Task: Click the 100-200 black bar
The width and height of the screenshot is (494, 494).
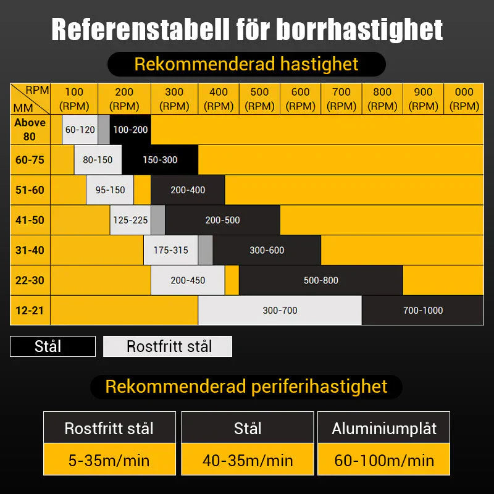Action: click(x=130, y=130)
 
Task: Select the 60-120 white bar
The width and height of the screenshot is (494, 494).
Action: click(x=80, y=130)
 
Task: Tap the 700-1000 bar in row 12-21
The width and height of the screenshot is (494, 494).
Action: click(x=422, y=310)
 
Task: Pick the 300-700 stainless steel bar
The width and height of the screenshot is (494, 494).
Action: click(x=280, y=310)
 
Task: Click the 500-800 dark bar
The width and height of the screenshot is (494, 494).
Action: click(x=320, y=280)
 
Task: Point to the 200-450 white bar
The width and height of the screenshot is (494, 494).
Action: click(x=188, y=280)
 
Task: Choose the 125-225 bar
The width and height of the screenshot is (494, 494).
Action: click(x=130, y=220)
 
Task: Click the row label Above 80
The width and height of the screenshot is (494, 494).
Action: click(x=30, y=130)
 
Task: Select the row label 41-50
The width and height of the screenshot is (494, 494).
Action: click(x=30, y=220)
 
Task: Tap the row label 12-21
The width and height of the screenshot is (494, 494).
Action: click(x=30, y=310)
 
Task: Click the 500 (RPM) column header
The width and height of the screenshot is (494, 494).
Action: click(x=259, y=99)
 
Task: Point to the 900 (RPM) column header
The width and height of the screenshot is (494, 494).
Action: click(x=423, y=99)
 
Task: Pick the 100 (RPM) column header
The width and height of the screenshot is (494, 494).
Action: click(x=74, y=99)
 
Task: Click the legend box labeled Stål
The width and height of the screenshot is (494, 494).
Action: click(x=52, y=346)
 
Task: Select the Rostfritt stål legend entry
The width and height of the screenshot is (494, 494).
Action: click(x=167, y=346)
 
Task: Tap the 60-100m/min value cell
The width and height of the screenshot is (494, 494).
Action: click(x=383, y=460)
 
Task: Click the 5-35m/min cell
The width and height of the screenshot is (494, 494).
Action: click(x=109, y=460)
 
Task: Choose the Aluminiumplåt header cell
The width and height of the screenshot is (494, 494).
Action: click(x=383, y=428)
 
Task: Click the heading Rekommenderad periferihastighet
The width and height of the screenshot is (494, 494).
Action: click(x=246, y=387)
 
